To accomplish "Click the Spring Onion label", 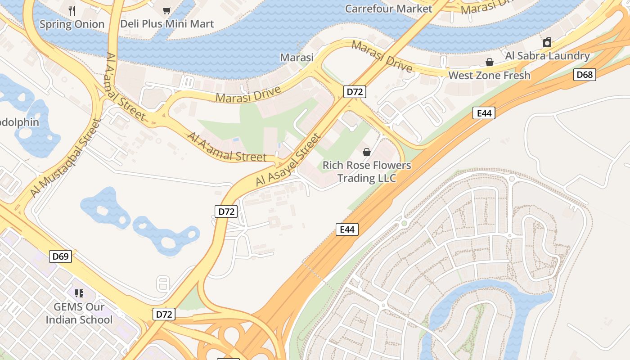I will pyautogui.click(x=72, y=24).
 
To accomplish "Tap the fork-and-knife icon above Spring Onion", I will pyautogui.click(x=72, y=10).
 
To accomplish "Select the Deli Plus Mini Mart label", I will pyautogui.click(x=167, y=24).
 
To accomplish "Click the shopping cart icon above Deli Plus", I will pyautogui.click(x=167, y=10).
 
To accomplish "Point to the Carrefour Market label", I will pyautogui.click(x=388, y=9).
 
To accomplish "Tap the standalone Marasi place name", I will pyautogui.click(x=297, y=58).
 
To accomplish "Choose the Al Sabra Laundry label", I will pyautogui.click(x=547, y=56).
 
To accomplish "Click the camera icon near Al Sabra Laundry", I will pyautogui.click(x=547, y=43).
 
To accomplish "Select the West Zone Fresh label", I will pyautogui.click(x=489, y=75).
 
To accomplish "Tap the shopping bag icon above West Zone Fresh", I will pyautogui.click(x=489, y=62).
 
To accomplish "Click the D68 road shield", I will pyautogui.click(x=585, y=75).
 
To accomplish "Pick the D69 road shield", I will pyautogui.click(x=60, y=256).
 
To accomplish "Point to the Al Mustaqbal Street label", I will pyautogui.click(x=65, y=158).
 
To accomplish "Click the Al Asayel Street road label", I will pyautogui.click(x=288, y=160).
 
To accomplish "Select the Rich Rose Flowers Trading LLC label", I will pyautogui.click(x=367, y=171).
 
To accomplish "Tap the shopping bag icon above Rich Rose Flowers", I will pyautogui.click(x=367, y=152).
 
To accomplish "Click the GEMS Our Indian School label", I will pyautogui.click(x=79, y=313).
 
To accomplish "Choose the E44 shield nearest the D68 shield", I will pyautogui.click(x=484, y=113).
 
